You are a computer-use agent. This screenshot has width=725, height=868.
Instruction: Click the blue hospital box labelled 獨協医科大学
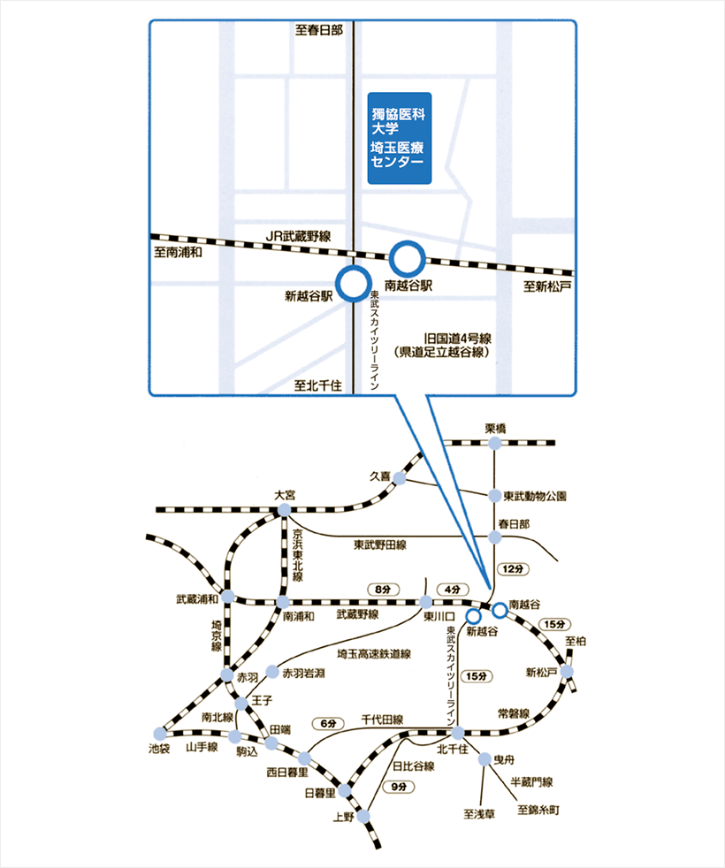pyautogui.click(x=399, y=139)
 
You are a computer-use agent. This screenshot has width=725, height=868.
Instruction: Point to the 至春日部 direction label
pyautogui.click(x=319, y=30)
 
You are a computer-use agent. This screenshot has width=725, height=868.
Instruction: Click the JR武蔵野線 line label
pyautogui.click(x=298, y=235)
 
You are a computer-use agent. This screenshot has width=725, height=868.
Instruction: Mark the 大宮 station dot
pyautogui.click(x=284, y=511)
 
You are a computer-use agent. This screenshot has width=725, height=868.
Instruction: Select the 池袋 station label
pyautogui.click(x=160, y=749)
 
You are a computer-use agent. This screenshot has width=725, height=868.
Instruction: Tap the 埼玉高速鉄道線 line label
pyautogui.click(x=374, y=655)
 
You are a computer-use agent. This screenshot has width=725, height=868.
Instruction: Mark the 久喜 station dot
pyautogui.click(x=400, y=478)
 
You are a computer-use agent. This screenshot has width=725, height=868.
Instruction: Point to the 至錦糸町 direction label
pyautogui.click(x=538, y=810)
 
